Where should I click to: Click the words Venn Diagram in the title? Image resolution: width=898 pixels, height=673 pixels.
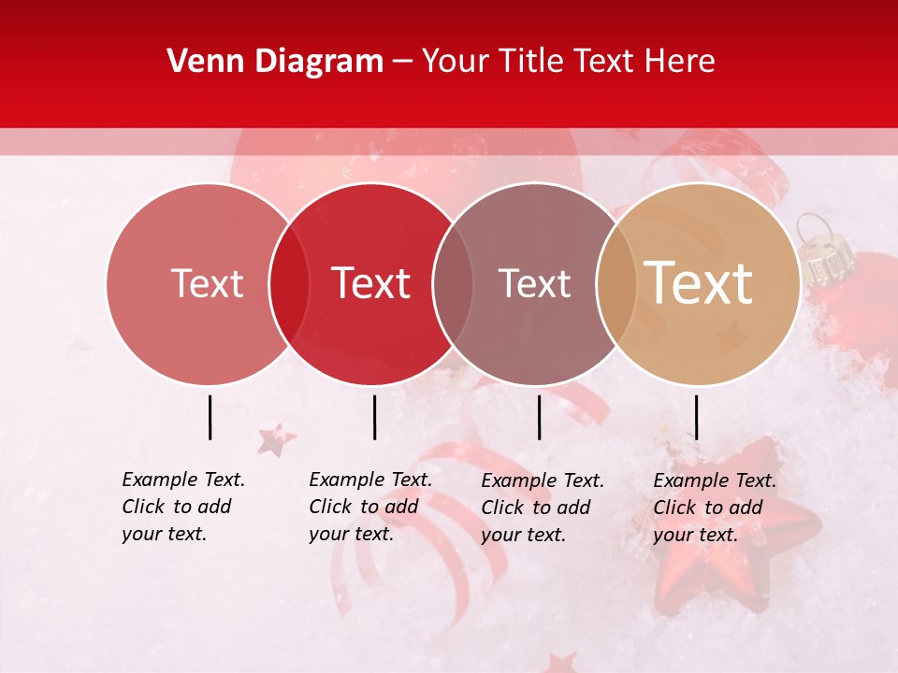(275, 62)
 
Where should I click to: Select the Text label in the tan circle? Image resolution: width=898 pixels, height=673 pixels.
(698, 282)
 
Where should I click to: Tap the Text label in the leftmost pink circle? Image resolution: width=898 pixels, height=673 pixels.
(207, 283)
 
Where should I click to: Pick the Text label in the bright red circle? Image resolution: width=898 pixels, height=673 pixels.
(370, 283)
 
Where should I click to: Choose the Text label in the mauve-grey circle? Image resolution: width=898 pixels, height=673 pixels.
(534, 283)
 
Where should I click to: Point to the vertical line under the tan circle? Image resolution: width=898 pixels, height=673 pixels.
(696, 417)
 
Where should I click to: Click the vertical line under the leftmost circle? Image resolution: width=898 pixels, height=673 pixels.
(210, 417)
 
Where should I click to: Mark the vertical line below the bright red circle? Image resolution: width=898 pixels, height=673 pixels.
(374, 417)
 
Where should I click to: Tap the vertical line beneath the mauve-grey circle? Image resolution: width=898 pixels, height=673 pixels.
(539, 417)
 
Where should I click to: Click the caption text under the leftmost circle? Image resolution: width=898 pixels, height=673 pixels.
(183, 507)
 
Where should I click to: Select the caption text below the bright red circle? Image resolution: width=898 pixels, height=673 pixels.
(370, 507)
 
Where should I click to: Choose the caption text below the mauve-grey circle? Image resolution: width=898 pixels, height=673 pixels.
(543, 508)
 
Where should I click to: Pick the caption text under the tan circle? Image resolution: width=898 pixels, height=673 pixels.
(715, 508)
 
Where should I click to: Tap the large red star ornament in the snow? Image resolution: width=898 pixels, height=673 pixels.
(739, 533)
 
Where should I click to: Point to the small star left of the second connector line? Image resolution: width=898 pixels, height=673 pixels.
(275, 438)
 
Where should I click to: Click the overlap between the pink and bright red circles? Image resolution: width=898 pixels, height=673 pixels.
(289, 283)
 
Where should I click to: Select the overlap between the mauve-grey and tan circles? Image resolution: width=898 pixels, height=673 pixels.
(616, 283)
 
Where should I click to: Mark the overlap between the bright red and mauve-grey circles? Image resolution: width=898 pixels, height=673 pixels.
(453, 283)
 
